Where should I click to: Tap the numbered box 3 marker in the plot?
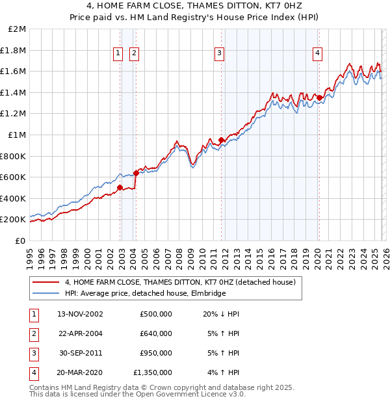pyautogui.click(x=220, y=53)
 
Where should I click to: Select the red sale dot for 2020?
pyautogui.click(x=319, y=98)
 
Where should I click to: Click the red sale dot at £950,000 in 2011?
pyautogui.click(x=222, y=140)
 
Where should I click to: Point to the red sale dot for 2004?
pyautogui.click(x=136, y=173)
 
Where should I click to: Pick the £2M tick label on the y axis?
pyautogui.click(x=18, y=29)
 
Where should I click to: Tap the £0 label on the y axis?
pyautogui.click(x=20, y=240)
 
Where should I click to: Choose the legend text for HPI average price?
pyautogui.click(x=144, y=294)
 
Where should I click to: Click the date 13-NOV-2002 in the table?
pyautogui.click(x=80, y=314)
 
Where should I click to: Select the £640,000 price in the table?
pyautogui.click(x=155, y=333)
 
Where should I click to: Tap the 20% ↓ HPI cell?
pyautogui.click(x=221, y=314)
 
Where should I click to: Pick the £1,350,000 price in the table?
pyautogui.click(x=153, y=372)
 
